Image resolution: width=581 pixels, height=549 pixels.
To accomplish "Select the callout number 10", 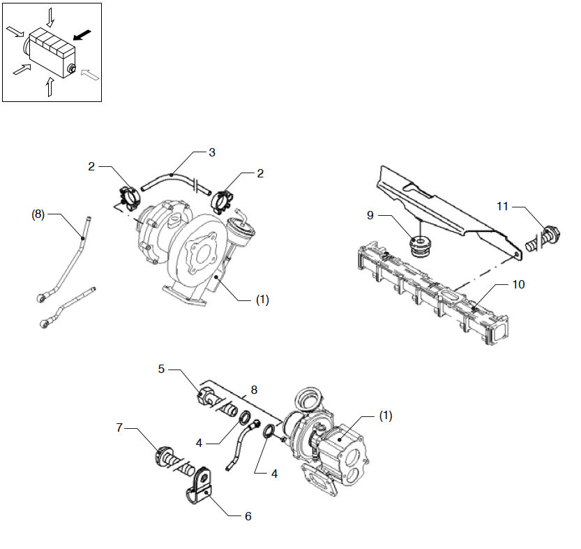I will pyautogui.click(x=517, y=284).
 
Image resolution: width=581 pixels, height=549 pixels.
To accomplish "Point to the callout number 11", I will pyautogui.click(x=503, y=206).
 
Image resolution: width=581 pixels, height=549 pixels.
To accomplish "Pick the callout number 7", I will pyautogui.click(x=119, y=427).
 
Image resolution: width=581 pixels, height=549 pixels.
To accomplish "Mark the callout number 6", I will pyautogui.click(x=248, y=516).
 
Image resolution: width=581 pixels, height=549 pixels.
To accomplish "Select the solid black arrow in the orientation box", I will pyautogui.click(x=82, y=34).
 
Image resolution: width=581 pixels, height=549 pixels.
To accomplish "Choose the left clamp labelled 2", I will pyautogui.click(x=127, y=195).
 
